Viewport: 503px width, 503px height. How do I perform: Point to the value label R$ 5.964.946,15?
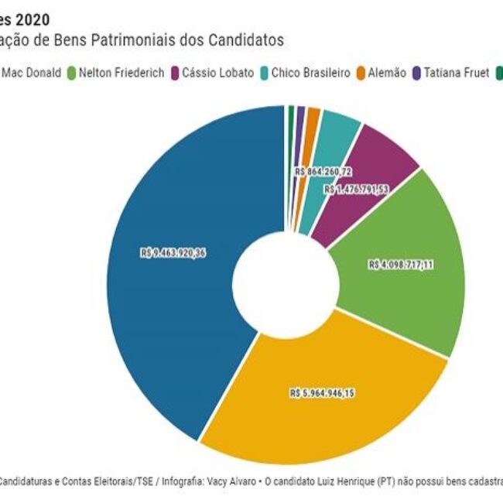(322, 393)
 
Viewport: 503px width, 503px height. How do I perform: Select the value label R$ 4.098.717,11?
(401, 265)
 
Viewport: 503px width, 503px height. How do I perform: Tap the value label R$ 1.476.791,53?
(357, 189)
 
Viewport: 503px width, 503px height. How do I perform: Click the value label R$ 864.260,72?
(323, 171)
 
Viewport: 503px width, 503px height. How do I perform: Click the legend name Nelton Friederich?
(120, 73)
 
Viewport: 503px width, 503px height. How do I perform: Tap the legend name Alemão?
(388, 73)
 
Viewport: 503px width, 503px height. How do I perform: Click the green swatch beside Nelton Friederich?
(72, 73)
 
